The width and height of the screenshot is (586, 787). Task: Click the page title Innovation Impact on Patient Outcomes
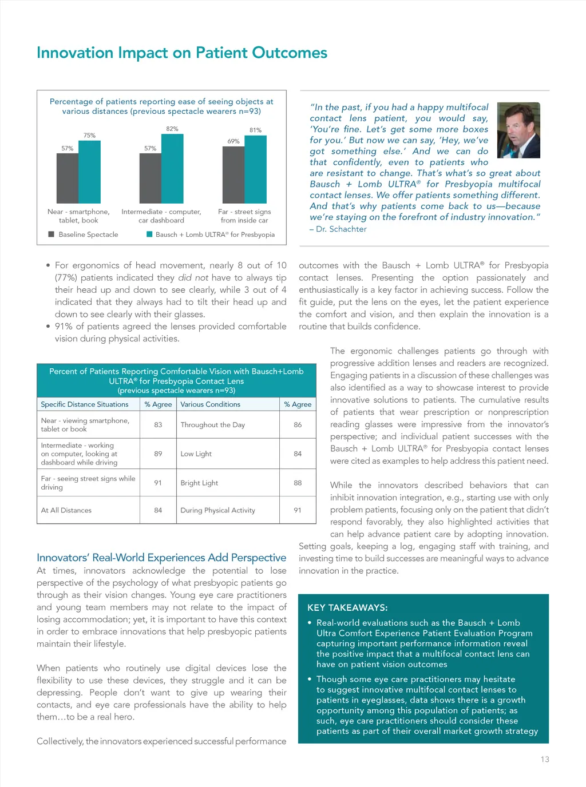point(181,53)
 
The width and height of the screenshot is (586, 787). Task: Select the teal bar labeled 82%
point(172,168)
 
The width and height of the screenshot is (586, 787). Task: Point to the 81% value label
point(255,130)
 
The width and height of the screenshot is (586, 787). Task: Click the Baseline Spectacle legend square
point(52,234)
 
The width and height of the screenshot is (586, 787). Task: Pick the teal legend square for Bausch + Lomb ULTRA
point(149,234)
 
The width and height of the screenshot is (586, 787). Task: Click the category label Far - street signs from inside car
point(244,216)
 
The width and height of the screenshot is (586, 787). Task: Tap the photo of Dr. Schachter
point(518,130)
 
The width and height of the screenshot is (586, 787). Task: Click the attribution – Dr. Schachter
point(338,229)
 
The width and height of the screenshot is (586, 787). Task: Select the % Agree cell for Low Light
point(298,454)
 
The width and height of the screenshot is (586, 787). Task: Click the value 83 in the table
point(158,425)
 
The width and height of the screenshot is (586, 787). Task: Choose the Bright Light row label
point(199,483)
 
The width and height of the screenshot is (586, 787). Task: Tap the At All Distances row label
point(66,511)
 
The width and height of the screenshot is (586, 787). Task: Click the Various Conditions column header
point(210,404)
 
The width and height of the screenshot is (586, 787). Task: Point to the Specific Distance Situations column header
point(85,404)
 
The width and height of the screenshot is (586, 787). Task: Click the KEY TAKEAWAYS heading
point(347,608)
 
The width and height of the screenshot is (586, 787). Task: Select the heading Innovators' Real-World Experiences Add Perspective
point(161,558)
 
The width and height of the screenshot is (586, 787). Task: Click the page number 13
point(544,760)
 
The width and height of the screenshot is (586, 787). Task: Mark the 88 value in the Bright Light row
point(298,483)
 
